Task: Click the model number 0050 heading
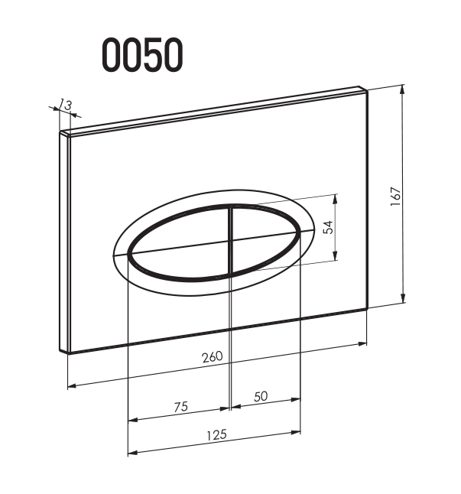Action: tap(142, 54)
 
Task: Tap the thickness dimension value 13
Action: tap(66, 105)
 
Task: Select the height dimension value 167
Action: tap(395, 197)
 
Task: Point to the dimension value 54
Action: tap(328, 227)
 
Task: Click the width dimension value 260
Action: tap(213, 357)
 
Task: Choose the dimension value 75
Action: tap(181, 407)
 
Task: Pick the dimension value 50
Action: tap(261, 397)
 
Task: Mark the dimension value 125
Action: tap(216, 435)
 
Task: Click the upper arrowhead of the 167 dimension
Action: tap(402, 89)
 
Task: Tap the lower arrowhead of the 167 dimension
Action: tap(403, 298)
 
